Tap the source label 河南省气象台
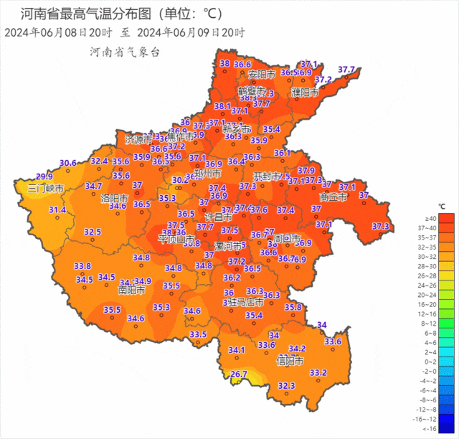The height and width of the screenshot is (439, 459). (x=123, y=52)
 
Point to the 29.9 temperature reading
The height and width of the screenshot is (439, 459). (x=44, y=176)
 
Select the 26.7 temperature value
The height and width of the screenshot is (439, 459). (x=239, y=374)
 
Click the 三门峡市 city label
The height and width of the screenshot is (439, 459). (x=46, y=189)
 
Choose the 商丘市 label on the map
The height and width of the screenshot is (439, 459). (x=333, y=196)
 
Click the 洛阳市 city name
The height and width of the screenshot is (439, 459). (x=115, y=197)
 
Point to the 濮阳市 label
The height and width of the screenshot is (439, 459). (x=305, y=93)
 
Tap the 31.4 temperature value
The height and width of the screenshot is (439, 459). (x=57, y=209)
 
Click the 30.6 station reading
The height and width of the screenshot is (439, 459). (x=68, y=163)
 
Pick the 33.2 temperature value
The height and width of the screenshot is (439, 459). (x=318, y=372)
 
